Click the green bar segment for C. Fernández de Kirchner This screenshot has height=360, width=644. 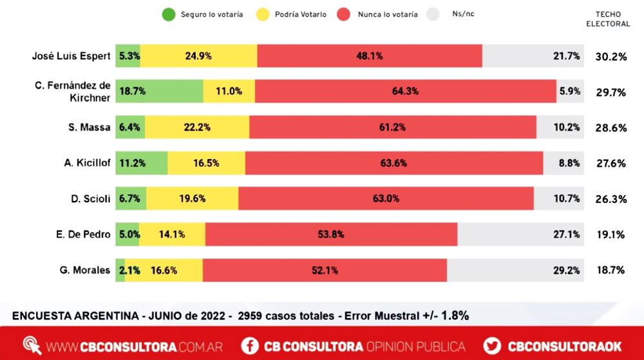[160, 91]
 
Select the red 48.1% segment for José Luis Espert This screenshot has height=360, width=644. [369, 56]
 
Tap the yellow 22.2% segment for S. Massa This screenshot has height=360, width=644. [196, 128]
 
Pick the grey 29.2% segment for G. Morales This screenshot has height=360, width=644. [515, 270]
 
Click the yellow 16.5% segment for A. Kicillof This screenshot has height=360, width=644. [206, 163]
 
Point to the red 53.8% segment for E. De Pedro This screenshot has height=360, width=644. [331, 234]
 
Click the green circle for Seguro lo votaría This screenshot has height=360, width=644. [169, 14]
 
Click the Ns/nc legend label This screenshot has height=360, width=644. [464, 14]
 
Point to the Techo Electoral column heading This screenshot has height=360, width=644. [612, 19]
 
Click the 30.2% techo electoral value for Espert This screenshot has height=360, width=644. [611, 57]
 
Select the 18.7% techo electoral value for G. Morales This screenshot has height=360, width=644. [611, 270]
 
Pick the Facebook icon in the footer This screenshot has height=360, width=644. [250, 346]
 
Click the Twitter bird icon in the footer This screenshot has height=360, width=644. [493, 346]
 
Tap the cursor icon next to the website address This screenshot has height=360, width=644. [32, 346]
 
